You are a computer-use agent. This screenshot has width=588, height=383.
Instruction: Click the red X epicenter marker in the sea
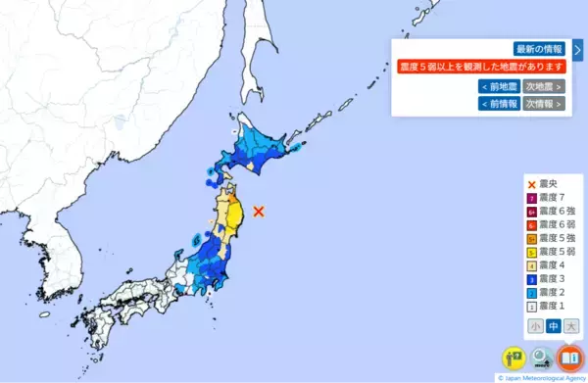tap(259, 211)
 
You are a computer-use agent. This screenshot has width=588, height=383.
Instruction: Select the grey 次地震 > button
tap(544, 86)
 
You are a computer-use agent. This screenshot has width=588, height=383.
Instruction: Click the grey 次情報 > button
tap(544, 103)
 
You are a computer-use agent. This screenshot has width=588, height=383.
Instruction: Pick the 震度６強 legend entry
tap(554, 213)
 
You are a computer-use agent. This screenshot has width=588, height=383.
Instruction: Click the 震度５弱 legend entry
tap(554, 251)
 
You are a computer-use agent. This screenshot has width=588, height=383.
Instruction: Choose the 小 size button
tap(535, 326)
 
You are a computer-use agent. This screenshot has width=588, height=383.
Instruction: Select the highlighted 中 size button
tap(553, 326)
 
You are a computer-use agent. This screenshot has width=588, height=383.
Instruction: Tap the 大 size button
tap(570, 326)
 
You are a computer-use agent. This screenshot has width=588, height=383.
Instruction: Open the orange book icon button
tap(569, 358)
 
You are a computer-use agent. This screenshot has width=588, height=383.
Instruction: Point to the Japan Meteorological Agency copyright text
tap(542, 377)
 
